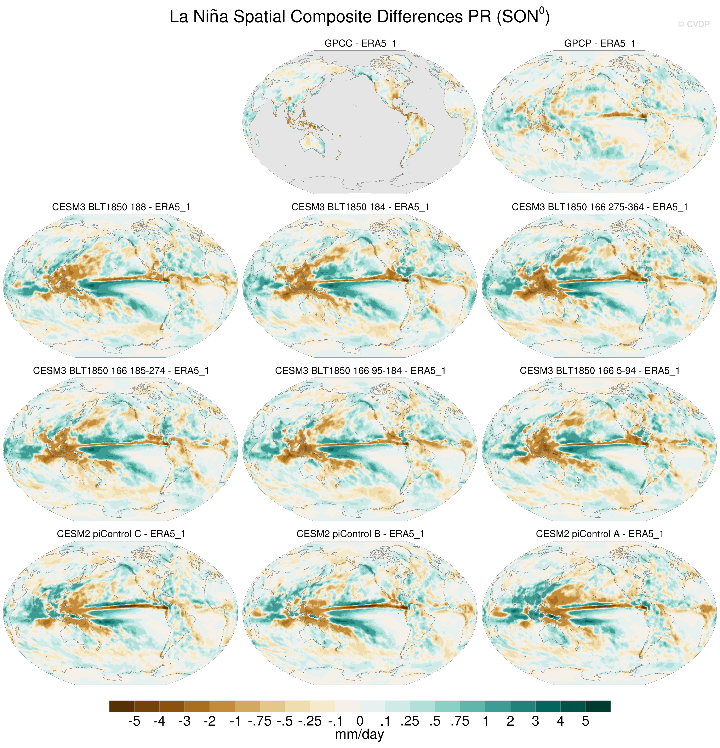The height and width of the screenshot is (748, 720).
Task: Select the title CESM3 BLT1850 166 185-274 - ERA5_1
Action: pos(121,370)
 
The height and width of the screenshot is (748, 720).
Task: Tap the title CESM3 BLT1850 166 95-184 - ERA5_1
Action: pos(360,370)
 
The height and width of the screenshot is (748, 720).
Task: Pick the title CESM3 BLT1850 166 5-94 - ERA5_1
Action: pos(599,370)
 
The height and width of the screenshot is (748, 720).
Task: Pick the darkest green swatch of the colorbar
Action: pos(598,706)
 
